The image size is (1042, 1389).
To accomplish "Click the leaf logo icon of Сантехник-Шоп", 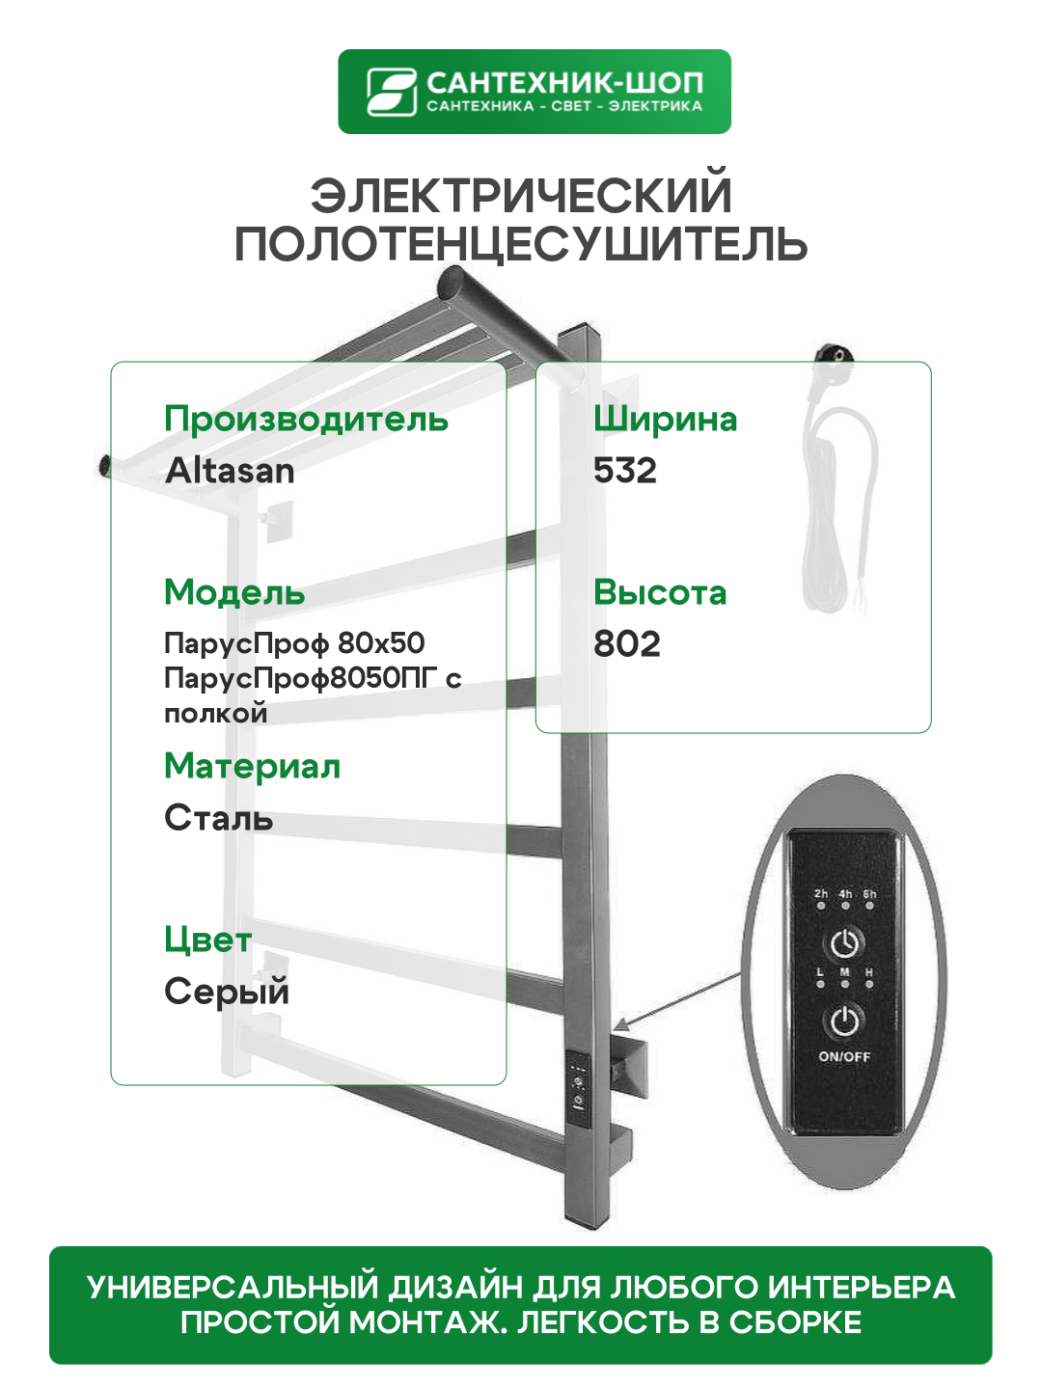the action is coord(391,92).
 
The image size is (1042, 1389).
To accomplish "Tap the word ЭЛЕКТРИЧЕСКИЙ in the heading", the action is coord(521,195).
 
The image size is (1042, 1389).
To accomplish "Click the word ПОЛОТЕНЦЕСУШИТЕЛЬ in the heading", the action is coord(521,244).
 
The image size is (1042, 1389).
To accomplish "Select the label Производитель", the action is coord(306,420).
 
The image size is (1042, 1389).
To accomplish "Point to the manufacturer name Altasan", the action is coord(230,471).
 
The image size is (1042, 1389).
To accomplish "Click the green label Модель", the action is coord(234,592).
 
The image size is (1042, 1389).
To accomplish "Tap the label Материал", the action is coord(252,766).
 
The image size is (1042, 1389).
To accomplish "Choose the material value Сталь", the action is coord(218,818).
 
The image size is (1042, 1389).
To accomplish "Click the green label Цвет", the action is coord(207,940).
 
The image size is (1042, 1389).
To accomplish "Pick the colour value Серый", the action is coord(227,992).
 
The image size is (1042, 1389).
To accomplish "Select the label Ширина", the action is coord(665,420).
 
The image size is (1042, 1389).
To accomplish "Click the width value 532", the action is coord(625,471).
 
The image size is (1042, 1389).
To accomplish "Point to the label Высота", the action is coord(660,592).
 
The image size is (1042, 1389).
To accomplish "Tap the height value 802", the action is coord(627,644).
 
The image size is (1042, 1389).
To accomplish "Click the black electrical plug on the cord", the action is coord(832,360).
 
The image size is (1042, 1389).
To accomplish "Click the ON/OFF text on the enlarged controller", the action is coord(844,1056).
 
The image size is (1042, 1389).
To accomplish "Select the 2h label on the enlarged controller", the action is coord(820,894).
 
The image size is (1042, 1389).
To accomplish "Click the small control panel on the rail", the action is coord(578,1084).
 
